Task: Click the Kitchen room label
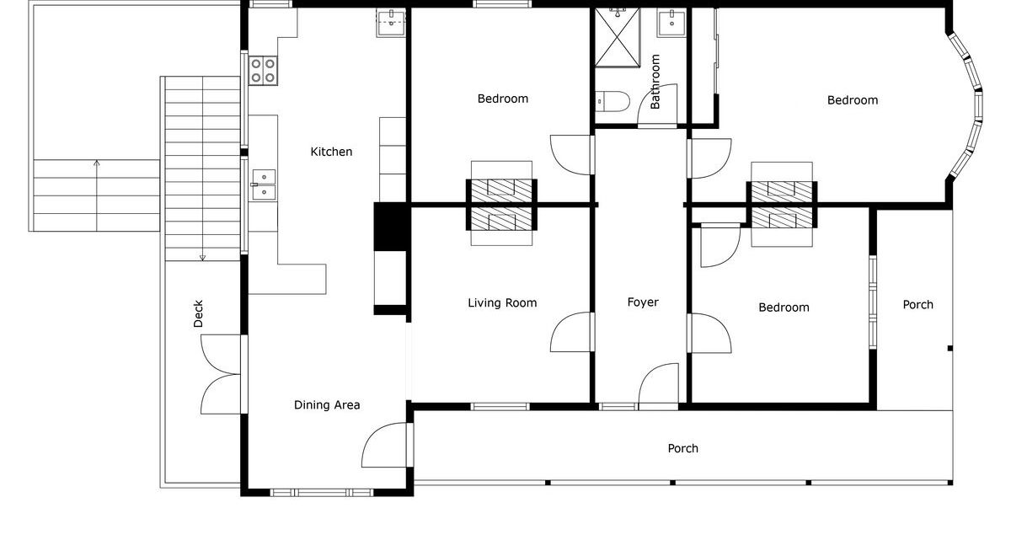tap(331, 152)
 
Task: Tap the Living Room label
tap(502, 302)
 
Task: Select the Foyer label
tap(643, 302)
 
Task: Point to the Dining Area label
tap(327, 405)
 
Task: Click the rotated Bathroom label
tap(655, 82)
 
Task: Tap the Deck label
tap(198, 313)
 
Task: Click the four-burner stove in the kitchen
tap(263, 71)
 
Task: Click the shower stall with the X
tap(618, 37)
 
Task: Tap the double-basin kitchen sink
tap(264, 184)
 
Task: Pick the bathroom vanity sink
tap(671, 23)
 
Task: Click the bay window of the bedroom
tap(968, 104)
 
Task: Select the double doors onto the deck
tap(221, 374)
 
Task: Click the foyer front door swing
tap(659, 385)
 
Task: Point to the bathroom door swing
tap(658, 104)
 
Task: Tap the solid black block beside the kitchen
tap(391, 226)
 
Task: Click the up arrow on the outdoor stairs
tap(97, 195)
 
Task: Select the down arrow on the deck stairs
tap(203, 168)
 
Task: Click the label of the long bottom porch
tap(683, 448)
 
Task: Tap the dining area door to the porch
tap(387, 445)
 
